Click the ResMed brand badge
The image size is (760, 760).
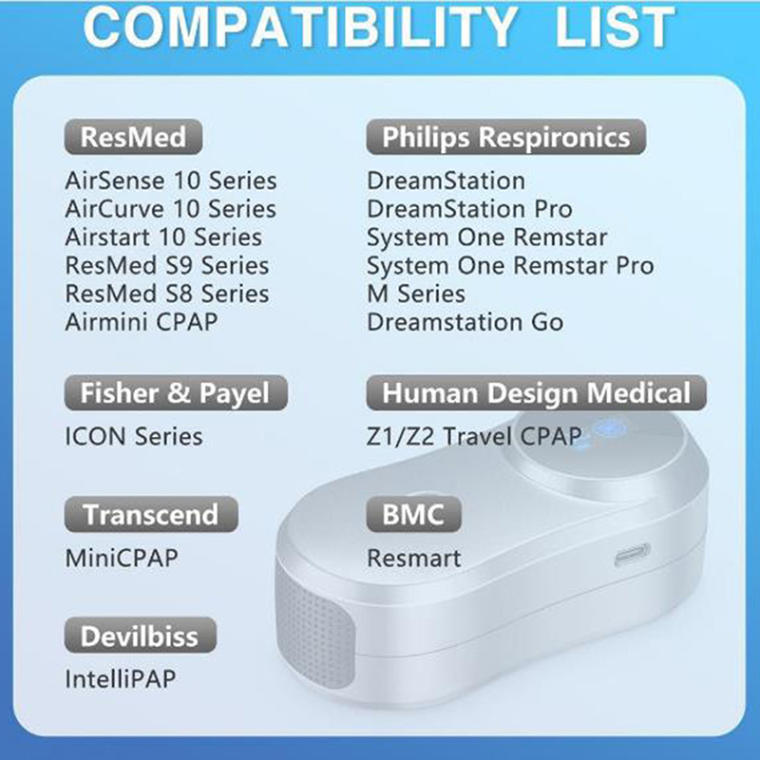(x=133, y=137)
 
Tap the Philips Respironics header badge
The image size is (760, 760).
(x=506, y=137)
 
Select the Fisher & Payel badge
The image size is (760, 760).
(x=176, y=392)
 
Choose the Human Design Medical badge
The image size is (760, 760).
(x=536, y=392)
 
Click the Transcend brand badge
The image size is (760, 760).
(x=151, y=514)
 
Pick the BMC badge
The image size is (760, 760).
(x=413, y=514)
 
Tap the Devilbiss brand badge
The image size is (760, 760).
(x=140, y=636)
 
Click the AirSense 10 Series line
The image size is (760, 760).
(x=171, y=180)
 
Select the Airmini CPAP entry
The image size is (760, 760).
(x=142, y=322)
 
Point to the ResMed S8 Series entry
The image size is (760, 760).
(x=167, y=294)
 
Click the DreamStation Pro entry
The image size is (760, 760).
(x=469, y=209)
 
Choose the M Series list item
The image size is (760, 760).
(x=416, y=294)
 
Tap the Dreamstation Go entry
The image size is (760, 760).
(x=465, y=322)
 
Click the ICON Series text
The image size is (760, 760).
(x=134, y=436)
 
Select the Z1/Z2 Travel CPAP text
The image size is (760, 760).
(x=474, y=436)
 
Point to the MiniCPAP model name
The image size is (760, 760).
(x=122, y=558)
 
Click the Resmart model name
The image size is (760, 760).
(x=414, y=558)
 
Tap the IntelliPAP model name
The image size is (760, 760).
(x=121, y=678)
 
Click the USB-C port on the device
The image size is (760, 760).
(x=632, y=555)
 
